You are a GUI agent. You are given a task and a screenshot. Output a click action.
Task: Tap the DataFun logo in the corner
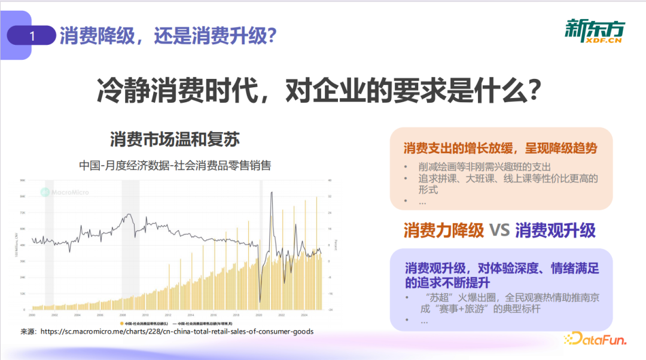click(x=595, y=340)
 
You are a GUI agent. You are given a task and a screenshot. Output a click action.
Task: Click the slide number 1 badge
click(x=32, y=36)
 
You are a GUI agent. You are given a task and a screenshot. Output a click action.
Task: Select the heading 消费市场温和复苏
click(x=175, y=140)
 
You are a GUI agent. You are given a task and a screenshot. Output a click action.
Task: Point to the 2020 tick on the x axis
click(x=259, y=315)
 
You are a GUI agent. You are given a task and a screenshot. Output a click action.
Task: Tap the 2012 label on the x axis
click(x=167, y=315)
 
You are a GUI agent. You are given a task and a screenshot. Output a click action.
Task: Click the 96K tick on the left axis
click(x=23, y=180)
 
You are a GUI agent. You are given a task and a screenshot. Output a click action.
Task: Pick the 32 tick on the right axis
click(x=330, y=196)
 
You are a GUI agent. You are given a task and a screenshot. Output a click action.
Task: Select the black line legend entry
click(x=194, y=323)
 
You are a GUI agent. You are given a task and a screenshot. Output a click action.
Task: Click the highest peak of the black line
click(x=272, y=193)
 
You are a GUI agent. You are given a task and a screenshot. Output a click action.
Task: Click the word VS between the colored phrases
click(x=499, y=230)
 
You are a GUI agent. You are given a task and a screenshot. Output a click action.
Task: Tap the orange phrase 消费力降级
click(x=443, y=230)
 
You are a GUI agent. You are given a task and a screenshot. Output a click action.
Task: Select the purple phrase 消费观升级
click(x=556, y=230)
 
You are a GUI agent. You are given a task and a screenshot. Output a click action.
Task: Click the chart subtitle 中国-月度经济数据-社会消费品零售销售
click(x=175, y=165)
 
